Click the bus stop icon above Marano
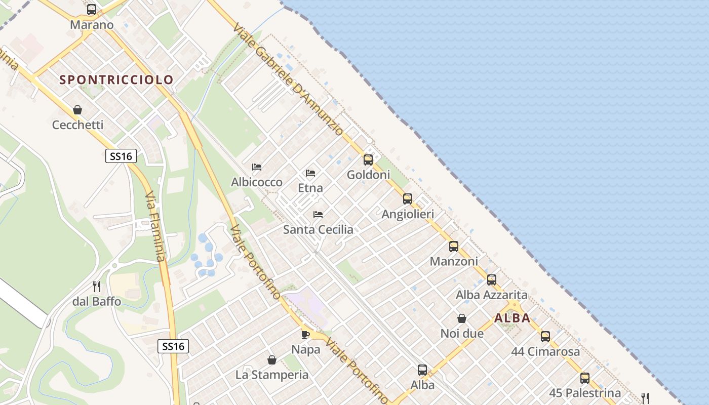[92, 10]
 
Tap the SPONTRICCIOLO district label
[116, 79]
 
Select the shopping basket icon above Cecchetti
[77, 110]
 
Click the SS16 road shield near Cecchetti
[121, 156]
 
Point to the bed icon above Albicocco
[257, 167]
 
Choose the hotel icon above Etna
[310, 173]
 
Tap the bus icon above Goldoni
[368, 160]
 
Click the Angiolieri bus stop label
[408, 214]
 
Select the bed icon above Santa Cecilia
[318, 215]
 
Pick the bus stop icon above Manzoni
[454, 247]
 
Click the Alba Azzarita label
[491, 295]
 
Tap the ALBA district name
[512, 318]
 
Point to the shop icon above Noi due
[462, 318]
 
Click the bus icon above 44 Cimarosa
[545, 336]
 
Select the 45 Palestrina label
[585, 393]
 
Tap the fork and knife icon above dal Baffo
[97, 287]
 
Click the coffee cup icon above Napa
[305, 335]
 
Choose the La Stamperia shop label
[272, 375]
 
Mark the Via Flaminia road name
[155, 226]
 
